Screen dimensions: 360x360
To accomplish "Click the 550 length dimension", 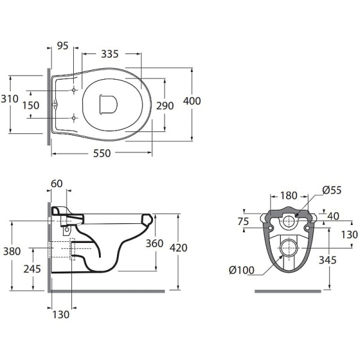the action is pos(102,153).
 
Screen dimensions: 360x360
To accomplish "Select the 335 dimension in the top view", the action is pos(110,54).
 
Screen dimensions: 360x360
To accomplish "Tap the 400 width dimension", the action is pos(192,101).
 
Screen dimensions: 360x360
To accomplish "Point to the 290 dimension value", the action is pos(165,106).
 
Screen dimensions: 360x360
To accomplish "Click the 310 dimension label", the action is pos(10,99).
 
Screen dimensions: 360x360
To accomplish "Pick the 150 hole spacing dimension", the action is pos(31,106).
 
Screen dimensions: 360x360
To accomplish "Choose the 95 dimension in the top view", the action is pos(62,46).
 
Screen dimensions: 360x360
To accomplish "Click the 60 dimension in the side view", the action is pos(57,184).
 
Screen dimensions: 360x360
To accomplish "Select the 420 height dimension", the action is pos(179,248).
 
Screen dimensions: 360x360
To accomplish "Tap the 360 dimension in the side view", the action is pos(155,244).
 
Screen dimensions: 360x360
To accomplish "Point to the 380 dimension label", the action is pos(12,251).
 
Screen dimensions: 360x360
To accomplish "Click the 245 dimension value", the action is pos(32,269).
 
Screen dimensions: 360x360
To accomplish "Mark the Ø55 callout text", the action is pos(332,190).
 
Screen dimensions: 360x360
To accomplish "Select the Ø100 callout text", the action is pos(242,270).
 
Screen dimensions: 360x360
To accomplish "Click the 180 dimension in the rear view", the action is pos(289,196).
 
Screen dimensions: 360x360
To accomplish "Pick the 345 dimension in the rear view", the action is pos(328,260).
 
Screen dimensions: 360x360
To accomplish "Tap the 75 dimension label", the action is pos(244,221).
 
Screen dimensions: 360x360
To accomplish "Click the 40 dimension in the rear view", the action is pos(334,216).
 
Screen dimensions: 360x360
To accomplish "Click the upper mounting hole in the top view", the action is pos(74,90).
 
